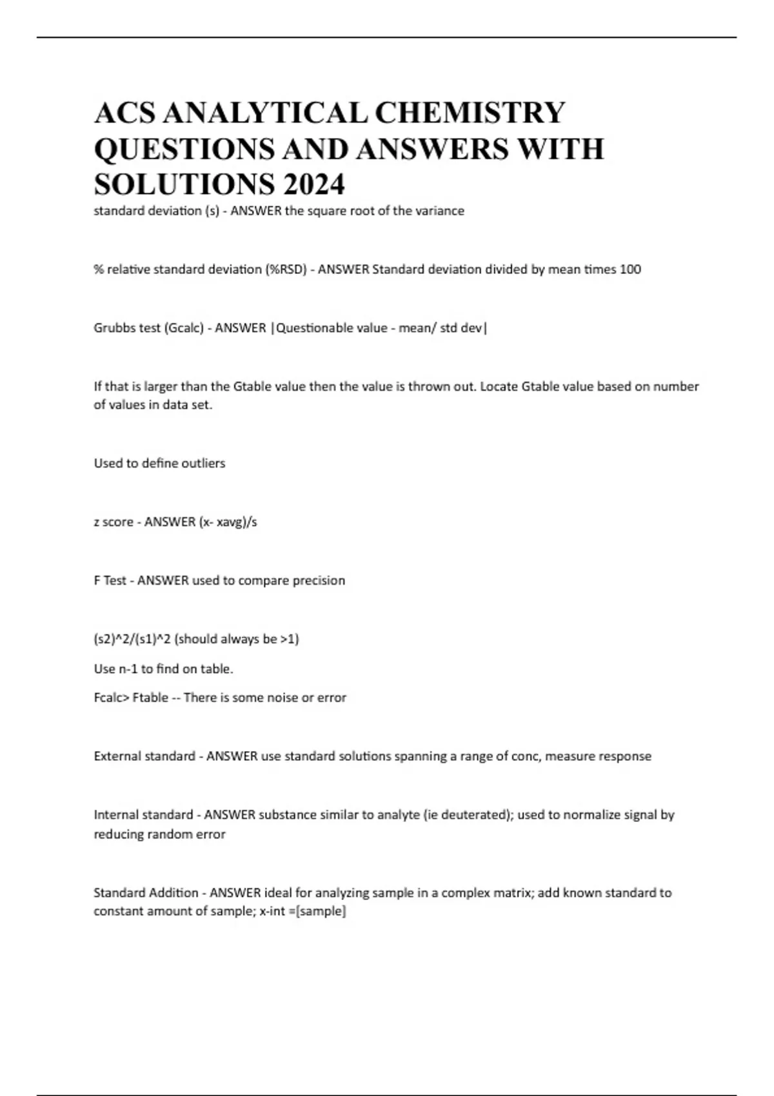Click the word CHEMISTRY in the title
[x=470, y=113]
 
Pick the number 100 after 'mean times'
[x=630, y=269]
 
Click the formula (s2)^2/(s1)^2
[x=132, y=640]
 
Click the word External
[x=117, y=756]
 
